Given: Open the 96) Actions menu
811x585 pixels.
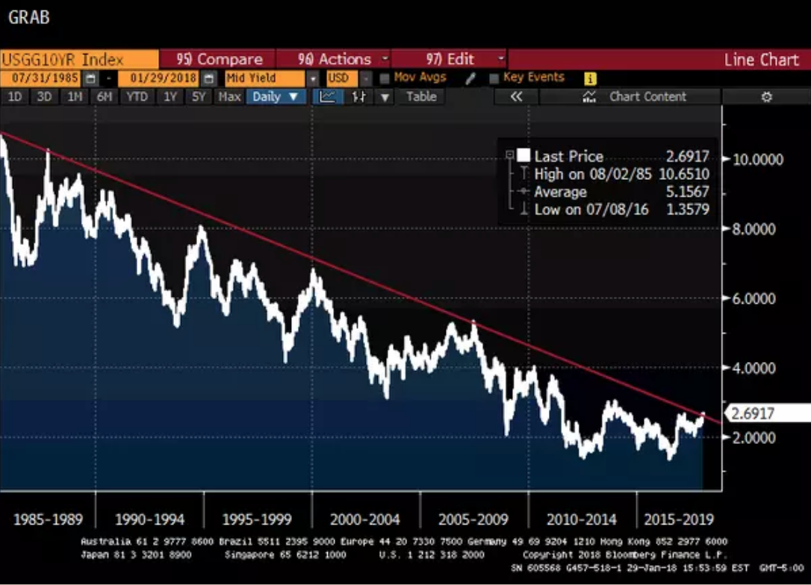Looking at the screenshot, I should (334, 60).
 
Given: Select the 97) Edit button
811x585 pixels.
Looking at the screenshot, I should (450, 60).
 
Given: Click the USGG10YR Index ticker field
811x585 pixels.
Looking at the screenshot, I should (78, 60).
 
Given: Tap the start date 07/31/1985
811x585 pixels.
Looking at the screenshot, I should (40, 78).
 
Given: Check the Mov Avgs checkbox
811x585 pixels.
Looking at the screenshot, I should (385, 78).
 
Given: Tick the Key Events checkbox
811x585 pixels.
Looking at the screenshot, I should (494, 78).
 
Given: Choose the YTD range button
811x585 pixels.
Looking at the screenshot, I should (137, 96).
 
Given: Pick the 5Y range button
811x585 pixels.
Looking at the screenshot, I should (198, 96).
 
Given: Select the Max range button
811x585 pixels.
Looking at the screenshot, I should (229, 96).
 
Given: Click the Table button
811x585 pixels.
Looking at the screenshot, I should (421, 96).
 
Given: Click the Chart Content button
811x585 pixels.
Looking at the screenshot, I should (647, 96).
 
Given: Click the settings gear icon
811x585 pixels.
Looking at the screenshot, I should (766, 96).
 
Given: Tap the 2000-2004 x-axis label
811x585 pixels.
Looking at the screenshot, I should (366, 519).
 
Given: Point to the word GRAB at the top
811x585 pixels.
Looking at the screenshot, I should (28, 17).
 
